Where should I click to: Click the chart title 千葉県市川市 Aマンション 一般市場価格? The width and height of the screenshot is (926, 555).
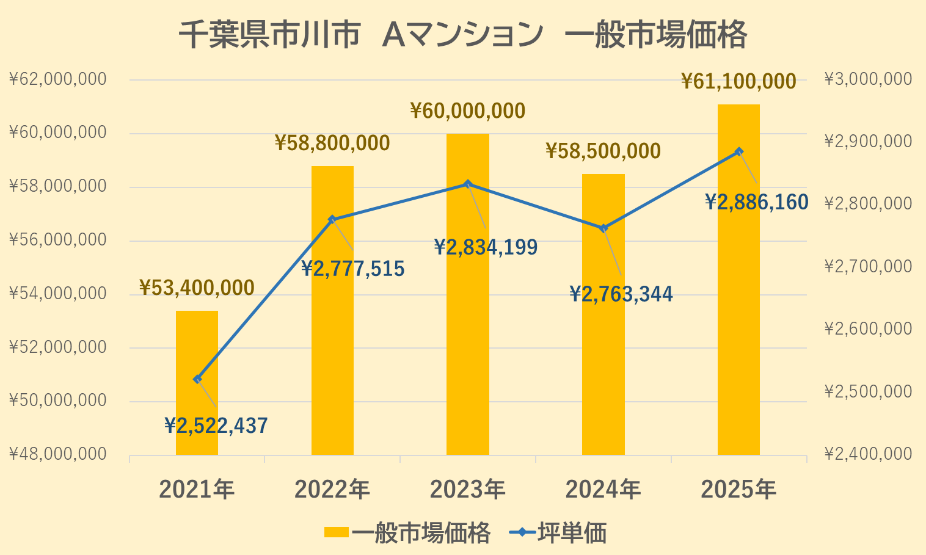(462, 35)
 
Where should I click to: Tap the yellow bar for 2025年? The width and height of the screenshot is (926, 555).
(738, 305)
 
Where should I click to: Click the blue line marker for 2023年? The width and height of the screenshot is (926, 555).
(468, 184)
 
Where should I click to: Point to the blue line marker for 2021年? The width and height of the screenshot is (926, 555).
(197, 379)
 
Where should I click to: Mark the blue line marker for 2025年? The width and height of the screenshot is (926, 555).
(739, 151)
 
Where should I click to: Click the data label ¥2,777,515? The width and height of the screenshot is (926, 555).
(353, 269)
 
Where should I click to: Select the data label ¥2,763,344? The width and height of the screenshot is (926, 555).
(621, 294)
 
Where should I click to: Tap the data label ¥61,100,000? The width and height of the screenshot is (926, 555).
(738, 81)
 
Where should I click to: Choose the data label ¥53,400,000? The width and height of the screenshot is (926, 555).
(197, 288)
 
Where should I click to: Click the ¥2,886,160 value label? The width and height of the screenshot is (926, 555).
(757, 202)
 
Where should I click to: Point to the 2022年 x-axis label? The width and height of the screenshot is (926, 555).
(332, 490)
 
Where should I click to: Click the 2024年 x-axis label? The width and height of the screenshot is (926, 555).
(603, 490)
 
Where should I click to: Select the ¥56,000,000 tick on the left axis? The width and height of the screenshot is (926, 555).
(58, 240)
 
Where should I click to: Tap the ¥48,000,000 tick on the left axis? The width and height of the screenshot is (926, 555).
(58, 454)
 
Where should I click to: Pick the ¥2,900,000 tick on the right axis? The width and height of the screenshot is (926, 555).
(868, 142)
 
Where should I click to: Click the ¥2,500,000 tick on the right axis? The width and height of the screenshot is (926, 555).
(868, 391)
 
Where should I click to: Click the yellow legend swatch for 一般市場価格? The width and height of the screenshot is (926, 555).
(336, 533)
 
